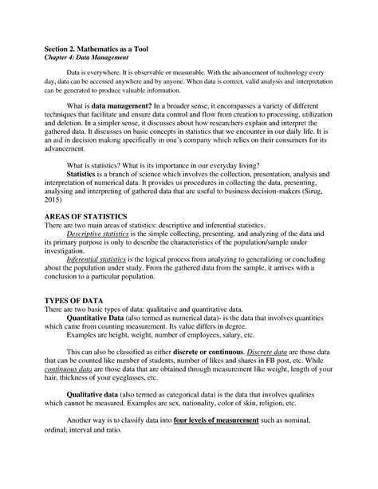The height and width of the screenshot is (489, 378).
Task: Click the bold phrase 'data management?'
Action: pos(120,124)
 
